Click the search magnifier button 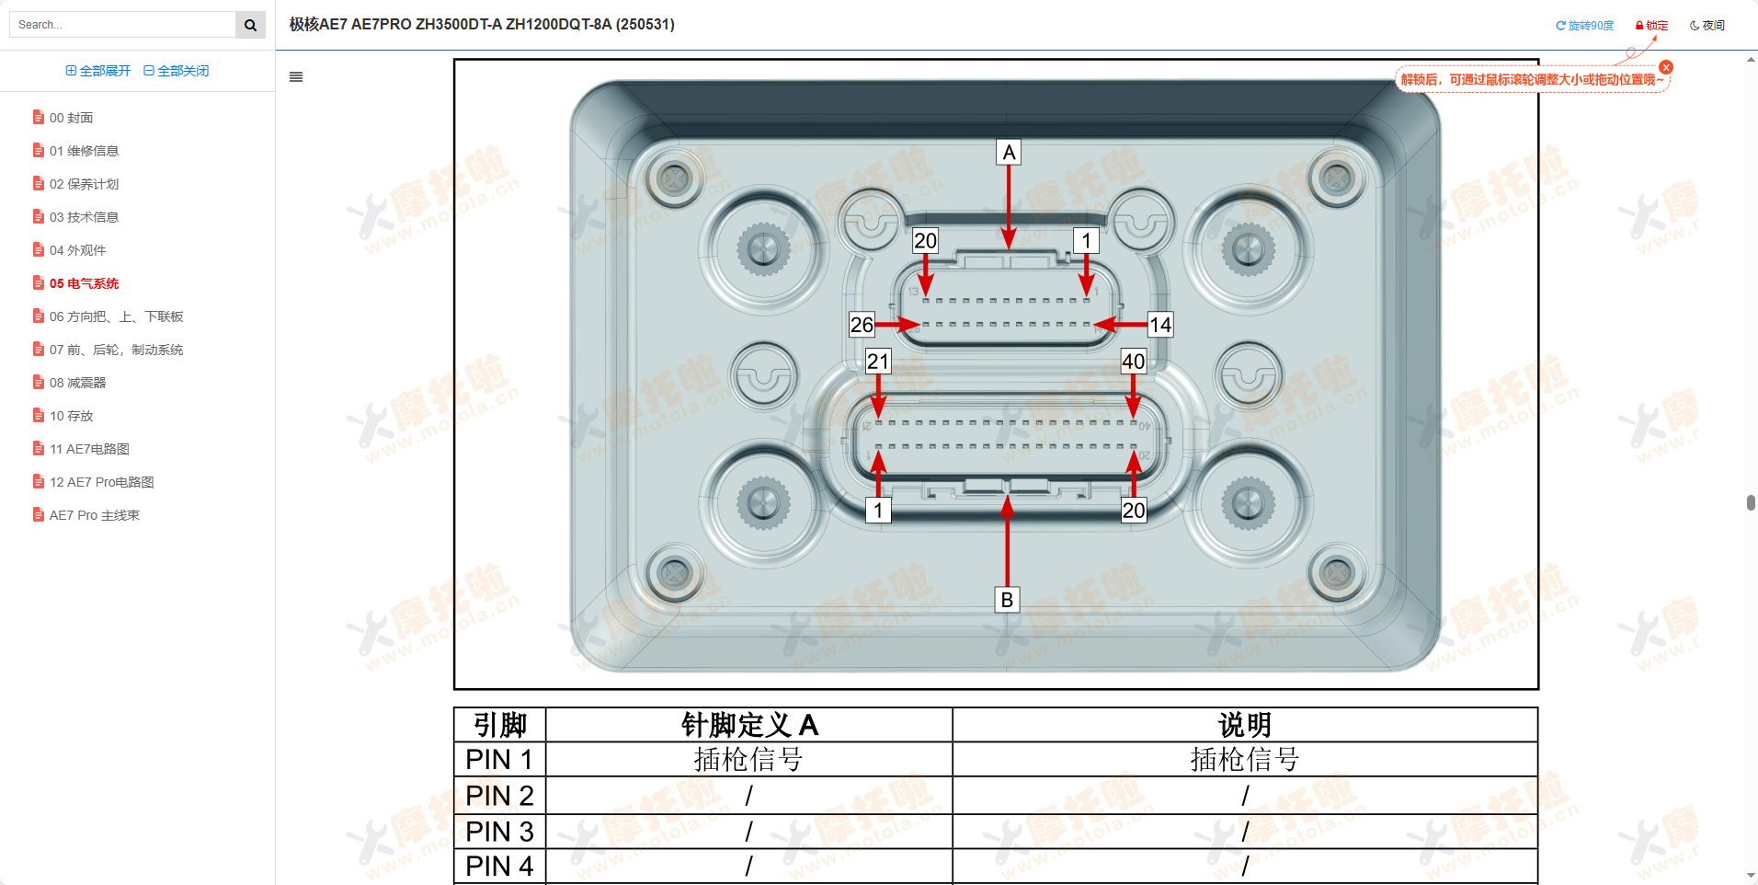[x=250, y=25]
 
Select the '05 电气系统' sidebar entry [x=84, y=283]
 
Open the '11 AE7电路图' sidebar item [x=89, y=449]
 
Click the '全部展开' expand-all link [x=98, y=71]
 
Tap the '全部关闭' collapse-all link [x=177, y=71]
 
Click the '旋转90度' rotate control [x=1584, y=26]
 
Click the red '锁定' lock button [x=1651, y=26]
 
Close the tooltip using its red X [x=1666, y=67]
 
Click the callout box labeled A [x=1009, y=153]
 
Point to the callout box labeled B [x=1007, y=600]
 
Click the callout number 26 [x=862, y=325]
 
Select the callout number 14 [x=1160, y=325]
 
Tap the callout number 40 [x=1133, y=362]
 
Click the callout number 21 [x=878, y=362]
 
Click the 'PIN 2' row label [x=499, y=796]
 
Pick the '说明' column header [x=1244, y=725]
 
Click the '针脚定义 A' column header [x=748, y=725]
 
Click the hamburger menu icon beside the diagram [x=296, y=77]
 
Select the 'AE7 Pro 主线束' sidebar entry [x=94, y=515]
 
